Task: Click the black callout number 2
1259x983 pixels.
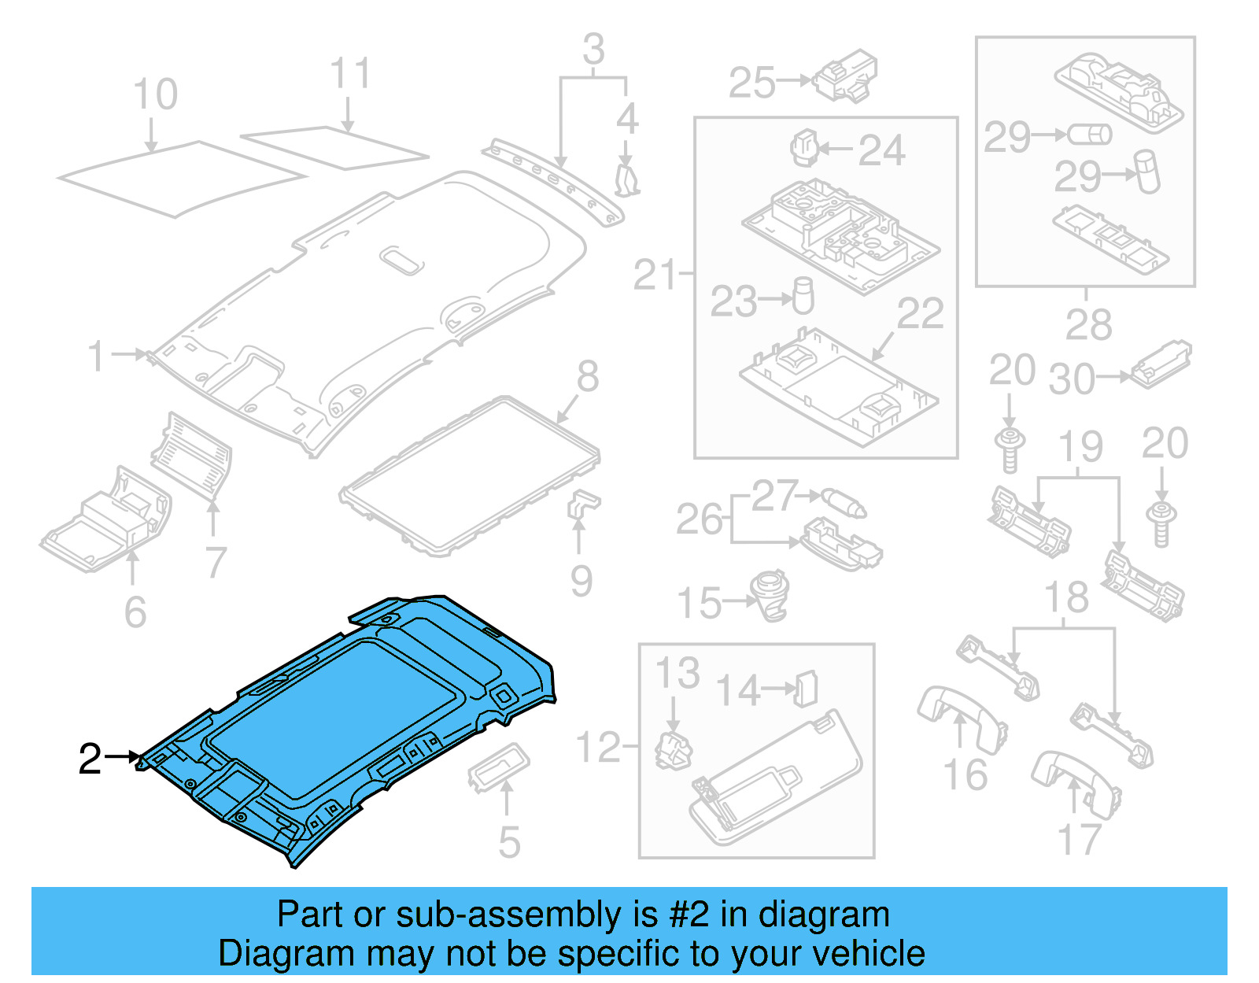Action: [90, 759]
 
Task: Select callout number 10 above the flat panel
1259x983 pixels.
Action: [155, 95]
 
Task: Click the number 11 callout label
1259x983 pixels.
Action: [349, 75]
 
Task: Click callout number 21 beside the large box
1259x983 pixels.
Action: [655, 275]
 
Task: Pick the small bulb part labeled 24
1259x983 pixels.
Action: [803, 147]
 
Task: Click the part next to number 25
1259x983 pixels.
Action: [846, 77]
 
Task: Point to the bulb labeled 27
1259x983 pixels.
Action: [844, 502]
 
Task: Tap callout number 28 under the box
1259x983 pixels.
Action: [1088, 324]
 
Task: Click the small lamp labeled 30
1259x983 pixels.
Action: [1161, 363]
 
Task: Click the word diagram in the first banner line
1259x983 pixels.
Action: [824, 915]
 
